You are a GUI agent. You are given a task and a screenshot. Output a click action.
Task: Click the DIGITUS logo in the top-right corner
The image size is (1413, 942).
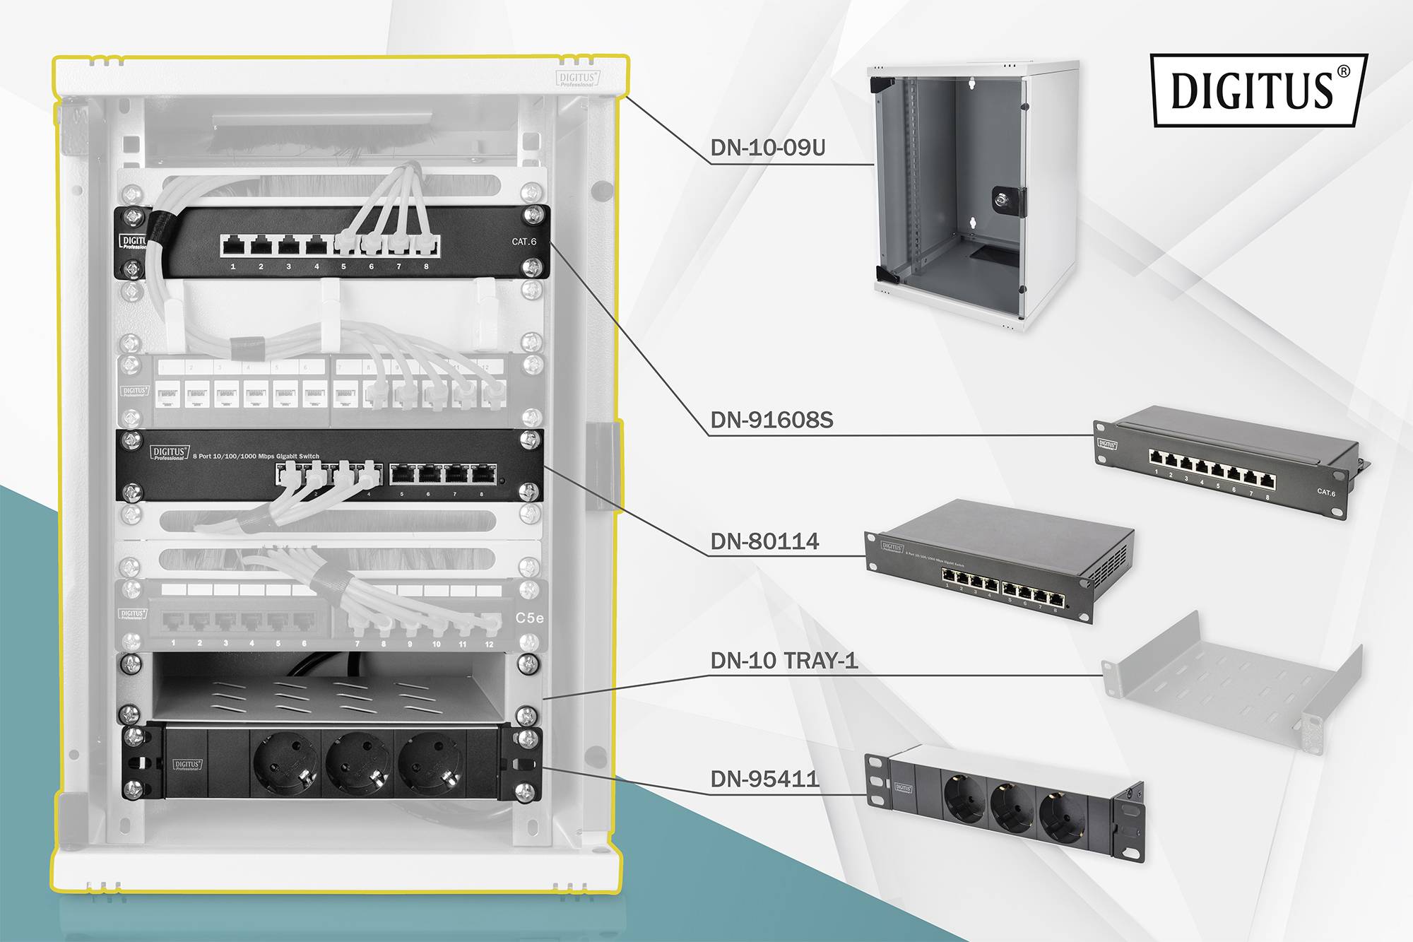1258,90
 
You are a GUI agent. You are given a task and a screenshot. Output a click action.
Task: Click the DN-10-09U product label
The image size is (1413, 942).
767,148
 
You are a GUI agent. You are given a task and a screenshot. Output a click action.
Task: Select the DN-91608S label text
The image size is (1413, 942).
771,420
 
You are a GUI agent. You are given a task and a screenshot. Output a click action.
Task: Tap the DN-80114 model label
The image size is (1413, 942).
764,541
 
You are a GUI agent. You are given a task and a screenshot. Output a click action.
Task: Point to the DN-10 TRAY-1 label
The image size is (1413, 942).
784,661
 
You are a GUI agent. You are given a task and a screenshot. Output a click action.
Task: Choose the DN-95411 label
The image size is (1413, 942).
764,779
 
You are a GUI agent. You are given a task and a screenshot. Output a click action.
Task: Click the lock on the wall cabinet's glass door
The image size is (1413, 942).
1007,199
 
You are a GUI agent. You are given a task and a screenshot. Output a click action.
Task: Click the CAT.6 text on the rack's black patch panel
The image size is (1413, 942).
524,242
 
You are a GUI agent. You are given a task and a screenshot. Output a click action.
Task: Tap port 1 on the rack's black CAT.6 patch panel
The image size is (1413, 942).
233,246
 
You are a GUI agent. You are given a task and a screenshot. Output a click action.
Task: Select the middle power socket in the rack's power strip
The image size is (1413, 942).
357,765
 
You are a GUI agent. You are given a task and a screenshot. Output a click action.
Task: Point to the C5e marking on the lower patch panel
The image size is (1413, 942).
529,618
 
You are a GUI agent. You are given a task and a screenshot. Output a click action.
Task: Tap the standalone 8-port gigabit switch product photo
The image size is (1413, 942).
1000,562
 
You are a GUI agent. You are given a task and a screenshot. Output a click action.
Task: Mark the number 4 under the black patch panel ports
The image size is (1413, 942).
317,266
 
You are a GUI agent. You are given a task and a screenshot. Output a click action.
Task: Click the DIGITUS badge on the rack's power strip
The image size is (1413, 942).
187,765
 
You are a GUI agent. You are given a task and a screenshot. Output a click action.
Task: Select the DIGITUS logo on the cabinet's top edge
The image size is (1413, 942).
577,78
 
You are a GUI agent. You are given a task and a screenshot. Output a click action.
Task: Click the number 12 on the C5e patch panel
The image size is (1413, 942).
489,644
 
